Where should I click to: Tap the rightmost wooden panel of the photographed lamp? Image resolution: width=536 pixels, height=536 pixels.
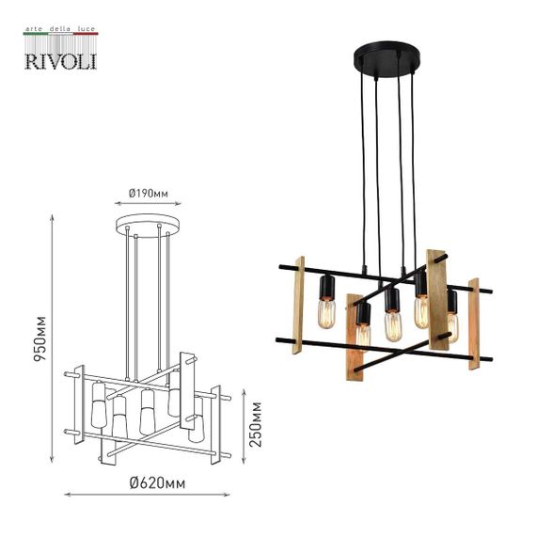tap(474, 322)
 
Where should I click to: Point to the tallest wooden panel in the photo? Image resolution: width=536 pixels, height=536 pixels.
tap(436, 299)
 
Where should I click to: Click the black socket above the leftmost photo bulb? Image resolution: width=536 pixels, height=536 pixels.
tap(328, 285)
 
